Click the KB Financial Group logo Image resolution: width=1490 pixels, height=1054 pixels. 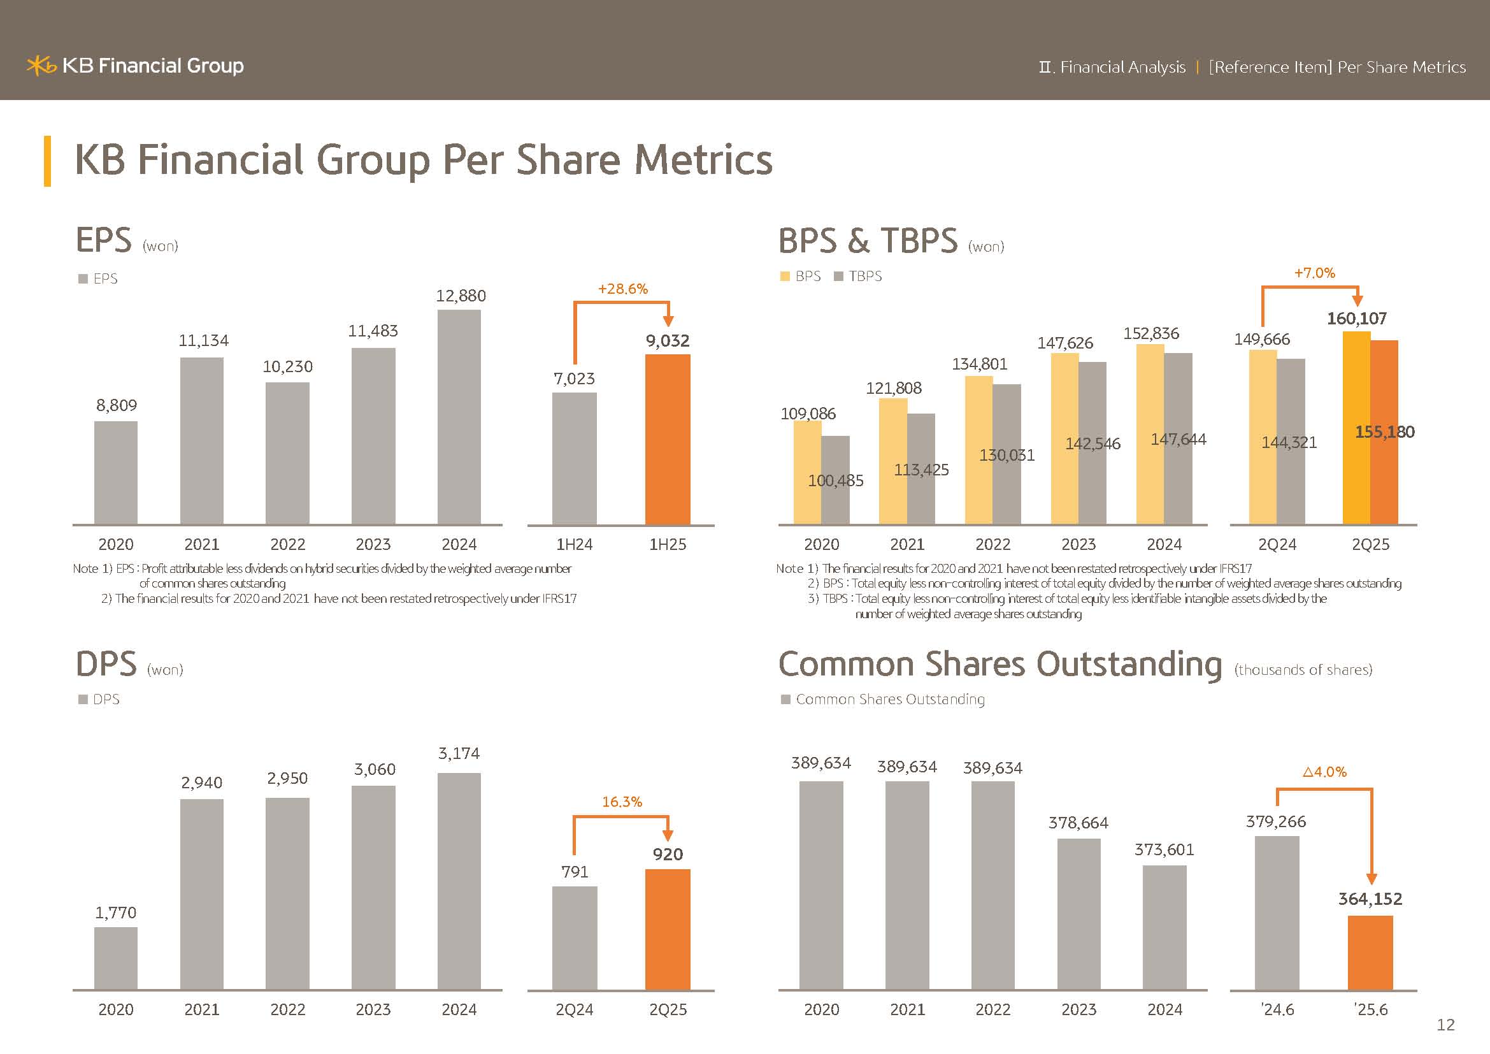pyautogui.click(x=135, y=66)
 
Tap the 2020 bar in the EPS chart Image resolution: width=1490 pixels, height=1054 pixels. pyautogui.click(x=115, y=472)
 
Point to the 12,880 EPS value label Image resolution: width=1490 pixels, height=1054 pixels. pyautogui.click(x=461, y=296)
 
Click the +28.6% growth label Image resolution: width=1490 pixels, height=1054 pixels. pyautogui.click(x=622, y=289)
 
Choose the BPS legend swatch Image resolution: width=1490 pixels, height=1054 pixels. pyautogui.click(x=785, y=277)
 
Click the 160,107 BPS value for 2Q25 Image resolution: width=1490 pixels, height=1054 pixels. pyautogui.click(x=1356, y=319)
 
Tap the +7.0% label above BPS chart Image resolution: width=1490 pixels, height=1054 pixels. pyautogui.click(x=1314, y=273)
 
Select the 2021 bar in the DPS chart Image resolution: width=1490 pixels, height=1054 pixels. pyautogui.click(x=202, y=893)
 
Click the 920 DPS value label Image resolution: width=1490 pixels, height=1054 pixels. pyautogui.click(x=667, y=854)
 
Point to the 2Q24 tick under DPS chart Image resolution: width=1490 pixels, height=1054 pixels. pyautogui.click(x=575, y=1009)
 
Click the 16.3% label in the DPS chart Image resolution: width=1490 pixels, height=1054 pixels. pyautogui.click(x=622, y=802)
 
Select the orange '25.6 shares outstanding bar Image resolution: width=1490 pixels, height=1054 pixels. pyautogui.click(x=1370, y=952)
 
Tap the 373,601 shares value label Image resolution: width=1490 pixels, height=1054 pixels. pyautogui.click(x=1164, y=849)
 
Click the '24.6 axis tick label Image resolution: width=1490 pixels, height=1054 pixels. pyautogui.click(x=1277, y=1009)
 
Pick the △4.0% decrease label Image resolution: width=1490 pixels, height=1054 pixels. pyautogui.click(x=1324, y=772)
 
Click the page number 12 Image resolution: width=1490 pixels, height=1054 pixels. pyautogui.click(x=1445, y=1025)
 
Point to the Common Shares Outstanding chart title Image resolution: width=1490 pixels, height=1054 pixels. pyautogui.click(x=999, y=665)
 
